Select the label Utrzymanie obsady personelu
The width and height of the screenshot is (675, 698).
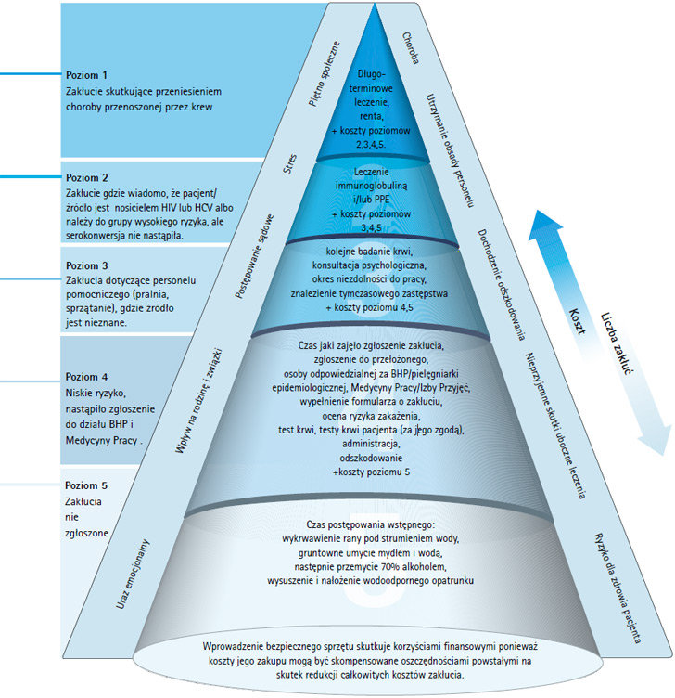452,149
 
